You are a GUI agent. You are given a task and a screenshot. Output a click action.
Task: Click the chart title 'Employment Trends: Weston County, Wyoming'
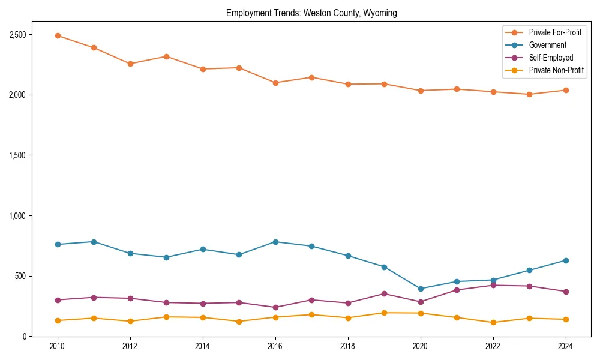pyautogui.click(x=311, y=13)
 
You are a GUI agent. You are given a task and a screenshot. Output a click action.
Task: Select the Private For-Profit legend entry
pyautogui.click(x=555, y=32)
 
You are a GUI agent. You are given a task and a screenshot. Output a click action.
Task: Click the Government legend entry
pyautogui.click(x=547, y=45)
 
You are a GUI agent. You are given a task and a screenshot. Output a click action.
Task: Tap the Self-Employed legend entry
pyautogui.click(x=551, y=58)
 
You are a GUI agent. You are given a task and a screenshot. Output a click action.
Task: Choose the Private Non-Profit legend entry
pyautogui.click(x=556, y=70)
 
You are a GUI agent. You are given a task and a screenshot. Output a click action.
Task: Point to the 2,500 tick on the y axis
pyautogui.click(x=17, y=34)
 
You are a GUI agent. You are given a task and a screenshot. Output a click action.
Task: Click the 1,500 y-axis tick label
pyautogui.click(x=17, y=155)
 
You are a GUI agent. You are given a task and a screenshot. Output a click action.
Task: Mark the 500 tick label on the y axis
pyautogui.click(x=20, y=276)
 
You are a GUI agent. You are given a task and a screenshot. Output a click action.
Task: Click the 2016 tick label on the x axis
pyautogui.click(x=275, y=346)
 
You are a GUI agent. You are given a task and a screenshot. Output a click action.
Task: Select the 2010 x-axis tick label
pyautogui.click(x=58, y=346)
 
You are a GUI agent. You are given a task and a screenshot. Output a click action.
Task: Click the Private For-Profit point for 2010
pyautogui.click(x=58, y=35)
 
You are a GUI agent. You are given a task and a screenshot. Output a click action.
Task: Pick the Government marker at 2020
pyautogui.click(x=421, y=289)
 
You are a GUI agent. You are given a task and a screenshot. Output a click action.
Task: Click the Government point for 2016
pyautogui.click(x=275, y=242)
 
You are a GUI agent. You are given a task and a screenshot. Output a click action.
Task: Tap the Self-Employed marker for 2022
pyautogui.click(x=493, y=285)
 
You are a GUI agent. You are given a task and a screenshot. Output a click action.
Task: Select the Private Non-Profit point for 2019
pyautogui.click(x=384, y=313)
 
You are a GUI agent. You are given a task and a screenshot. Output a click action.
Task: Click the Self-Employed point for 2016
pyautogui.click(x=275, y=307)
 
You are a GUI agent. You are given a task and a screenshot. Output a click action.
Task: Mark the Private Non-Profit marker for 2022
pyautogui.click(x=493, y=322)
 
